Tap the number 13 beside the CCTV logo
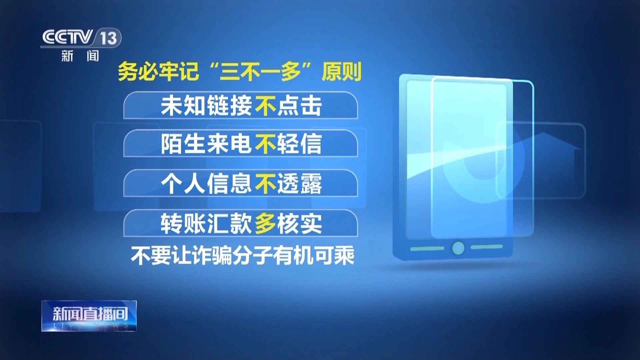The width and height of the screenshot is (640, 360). tap(108, 38)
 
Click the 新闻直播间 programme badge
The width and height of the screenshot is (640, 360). tap(89, 316)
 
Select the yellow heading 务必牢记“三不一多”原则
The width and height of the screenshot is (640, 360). tap(240, 71)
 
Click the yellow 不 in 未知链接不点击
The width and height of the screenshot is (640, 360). tap(266, 106)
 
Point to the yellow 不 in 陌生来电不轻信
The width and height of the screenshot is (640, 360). tap(266, 144)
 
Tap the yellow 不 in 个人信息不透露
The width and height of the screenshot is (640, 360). tap(266, 183)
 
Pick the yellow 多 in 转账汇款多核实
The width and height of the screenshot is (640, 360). tap(266, 223)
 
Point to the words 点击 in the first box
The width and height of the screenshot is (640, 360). tap(300, 106)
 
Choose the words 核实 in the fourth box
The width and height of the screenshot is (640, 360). tap(300, 223)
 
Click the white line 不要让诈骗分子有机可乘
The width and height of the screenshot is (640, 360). tap(242, 256)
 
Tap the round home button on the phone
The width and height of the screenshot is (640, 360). tap(458, 248)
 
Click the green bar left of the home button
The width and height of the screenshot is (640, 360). tap(427, 249)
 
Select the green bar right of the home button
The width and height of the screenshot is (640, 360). tap(487, 247)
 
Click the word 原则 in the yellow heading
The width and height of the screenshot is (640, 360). tap(342, 71)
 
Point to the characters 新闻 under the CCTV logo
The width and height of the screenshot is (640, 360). tap(80, 56)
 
